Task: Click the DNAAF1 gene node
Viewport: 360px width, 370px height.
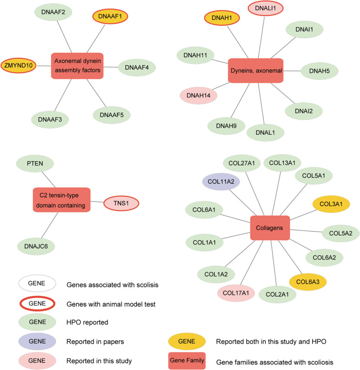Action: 110,16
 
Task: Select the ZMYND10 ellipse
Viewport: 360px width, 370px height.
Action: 18,65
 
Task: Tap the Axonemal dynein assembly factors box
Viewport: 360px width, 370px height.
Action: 77,66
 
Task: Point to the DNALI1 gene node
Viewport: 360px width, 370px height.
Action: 265,8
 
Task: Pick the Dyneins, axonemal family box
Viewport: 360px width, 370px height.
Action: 256,71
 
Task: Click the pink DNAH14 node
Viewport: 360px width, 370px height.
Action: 198,95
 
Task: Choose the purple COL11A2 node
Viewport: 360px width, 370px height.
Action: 221,182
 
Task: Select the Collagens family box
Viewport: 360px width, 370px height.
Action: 270,228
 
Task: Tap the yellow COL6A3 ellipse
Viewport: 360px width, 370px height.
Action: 308,282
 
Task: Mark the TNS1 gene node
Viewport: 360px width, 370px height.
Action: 121,203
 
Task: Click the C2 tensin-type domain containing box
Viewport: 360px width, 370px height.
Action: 62,200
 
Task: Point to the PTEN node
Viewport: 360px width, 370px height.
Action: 35,164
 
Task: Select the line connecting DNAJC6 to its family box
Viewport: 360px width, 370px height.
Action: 50,225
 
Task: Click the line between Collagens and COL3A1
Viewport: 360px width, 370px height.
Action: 303,215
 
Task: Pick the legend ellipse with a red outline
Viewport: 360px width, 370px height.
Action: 37,303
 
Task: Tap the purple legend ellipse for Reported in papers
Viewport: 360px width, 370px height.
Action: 37,342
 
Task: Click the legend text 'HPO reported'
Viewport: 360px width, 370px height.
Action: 87,322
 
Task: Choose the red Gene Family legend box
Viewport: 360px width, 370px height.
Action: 187,360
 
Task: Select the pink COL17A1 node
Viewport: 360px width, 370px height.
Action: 236,293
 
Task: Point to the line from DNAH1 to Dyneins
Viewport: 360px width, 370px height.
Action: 238,42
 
